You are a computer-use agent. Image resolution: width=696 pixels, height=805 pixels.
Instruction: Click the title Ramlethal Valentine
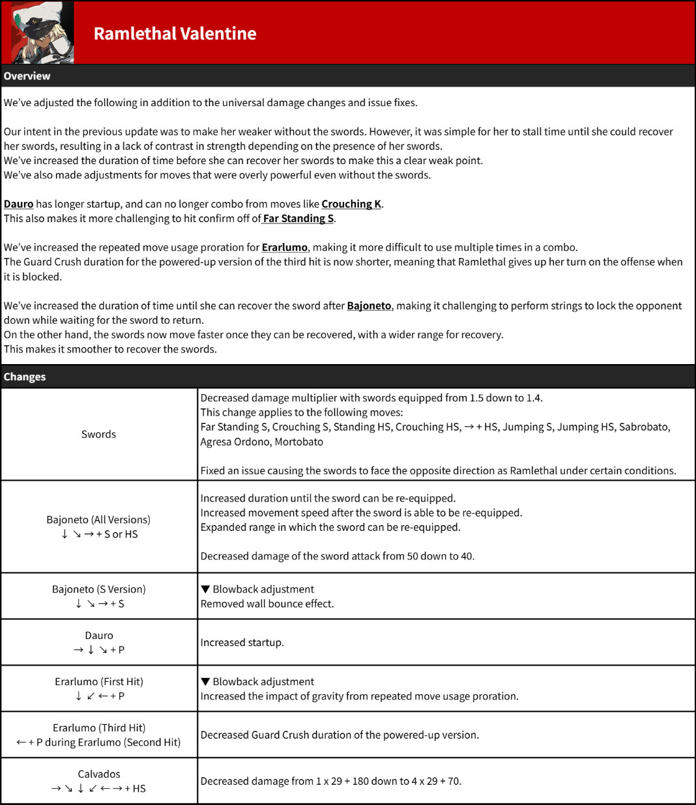pyautogui.click(x=175, y=34)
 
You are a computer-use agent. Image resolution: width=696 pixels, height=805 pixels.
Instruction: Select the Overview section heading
pyautogui.click(x=27, y=76)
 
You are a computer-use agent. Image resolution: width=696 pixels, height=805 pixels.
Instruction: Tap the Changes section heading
pyautogui.click(x=25, y=377)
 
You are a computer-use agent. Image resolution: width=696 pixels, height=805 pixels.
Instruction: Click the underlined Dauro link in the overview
pyautogui.click(x=18, y=204)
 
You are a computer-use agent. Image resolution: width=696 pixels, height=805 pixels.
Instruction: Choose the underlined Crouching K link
pyautogui.click(x=351, y=204)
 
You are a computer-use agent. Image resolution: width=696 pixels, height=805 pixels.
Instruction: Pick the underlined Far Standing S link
pyautogui.click(x=298, y=218)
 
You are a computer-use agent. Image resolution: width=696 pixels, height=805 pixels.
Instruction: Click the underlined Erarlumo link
pyautogui.click(x=284, y=247)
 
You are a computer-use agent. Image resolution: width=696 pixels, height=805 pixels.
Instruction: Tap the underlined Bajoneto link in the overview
pyautogui.click(x=369, y=305)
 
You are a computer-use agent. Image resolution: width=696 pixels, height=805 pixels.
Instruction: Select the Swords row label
pyautogui.click(x=98, y=434)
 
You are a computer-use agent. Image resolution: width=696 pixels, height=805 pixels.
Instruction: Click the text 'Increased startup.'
pyautogui.click(x=242, y=643)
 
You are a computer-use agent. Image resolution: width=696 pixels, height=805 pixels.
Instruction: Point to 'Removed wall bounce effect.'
pyautogui.click(x=267, y=604)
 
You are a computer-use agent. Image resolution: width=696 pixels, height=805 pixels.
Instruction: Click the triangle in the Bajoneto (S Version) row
pyautogui.click(x=205, y=589)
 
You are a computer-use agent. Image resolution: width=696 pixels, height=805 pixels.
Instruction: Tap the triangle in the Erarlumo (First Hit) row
pyautogui.click(x=205, y=682)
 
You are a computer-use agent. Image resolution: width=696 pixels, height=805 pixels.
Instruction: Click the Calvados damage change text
pyautogui.click(x=330, y=782)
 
